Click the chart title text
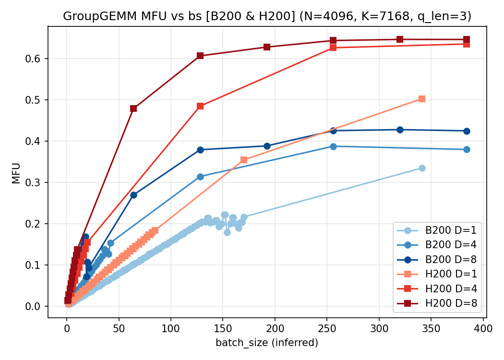coord(267,16)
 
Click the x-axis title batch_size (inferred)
coord(267,343)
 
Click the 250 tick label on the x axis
coord(327,329)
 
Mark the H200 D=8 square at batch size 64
coord(133,108)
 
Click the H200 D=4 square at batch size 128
coord(200,106)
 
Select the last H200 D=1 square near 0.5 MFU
coord(422,99)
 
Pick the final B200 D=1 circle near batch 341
coord(422,168)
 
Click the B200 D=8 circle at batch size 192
coord(267,146)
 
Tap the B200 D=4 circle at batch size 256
coord(333,146)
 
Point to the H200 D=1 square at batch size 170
coord(244,160)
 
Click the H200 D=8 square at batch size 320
coord(400,39)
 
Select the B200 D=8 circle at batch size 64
coord(133,195)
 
